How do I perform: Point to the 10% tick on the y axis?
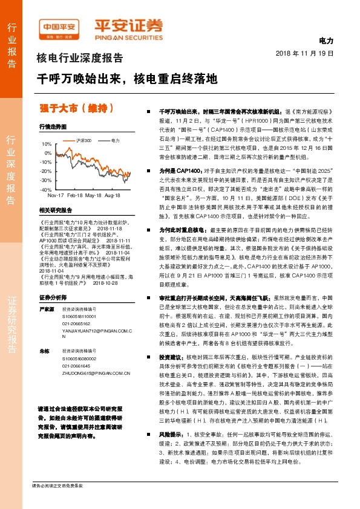tap(47, 144)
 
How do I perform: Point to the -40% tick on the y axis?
tap(46, 190)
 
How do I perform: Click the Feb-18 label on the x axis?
tap(74, 196)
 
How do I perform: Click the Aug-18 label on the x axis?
tap(113, 196)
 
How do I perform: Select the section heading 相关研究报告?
tap(55, 210)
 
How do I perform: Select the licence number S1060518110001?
tap(80, 316)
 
